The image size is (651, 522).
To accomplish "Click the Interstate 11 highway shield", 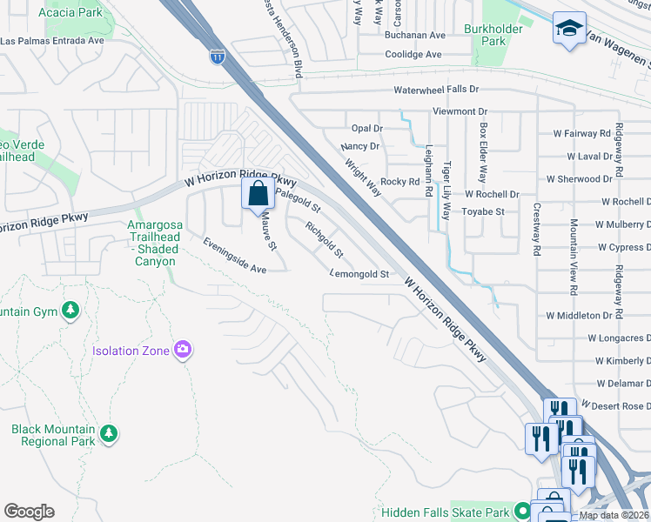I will (215, 57).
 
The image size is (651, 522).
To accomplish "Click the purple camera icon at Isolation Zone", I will (183, 350).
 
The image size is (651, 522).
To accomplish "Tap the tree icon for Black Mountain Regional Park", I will (108, 432).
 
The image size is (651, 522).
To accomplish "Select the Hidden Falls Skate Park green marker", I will (522, 511).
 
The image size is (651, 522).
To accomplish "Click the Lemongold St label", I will (359, 273).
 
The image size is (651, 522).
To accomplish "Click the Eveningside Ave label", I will (234, 257).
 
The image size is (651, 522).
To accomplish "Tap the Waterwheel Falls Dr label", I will (436, 90).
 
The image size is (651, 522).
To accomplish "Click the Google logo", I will (29, 512).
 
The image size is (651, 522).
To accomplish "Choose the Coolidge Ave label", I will (413, 54).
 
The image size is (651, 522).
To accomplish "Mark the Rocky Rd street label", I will (400, 182).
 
